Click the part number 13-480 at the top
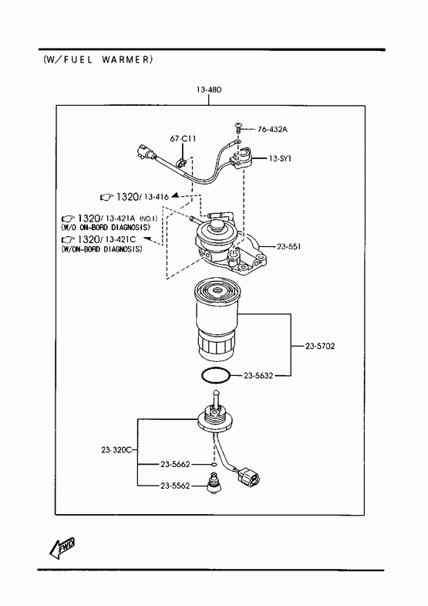tap(209, 90)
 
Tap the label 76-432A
tap(272, 130)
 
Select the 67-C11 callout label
tap(183, 138)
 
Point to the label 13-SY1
tap(280, 158)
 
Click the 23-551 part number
tap(288, 246)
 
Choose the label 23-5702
tap(320, 347)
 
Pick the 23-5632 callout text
tap(258, 375)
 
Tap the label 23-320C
tap(116, 450)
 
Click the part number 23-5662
tap(175, 464)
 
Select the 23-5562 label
tap(175, 486)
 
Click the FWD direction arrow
tap(62, 548)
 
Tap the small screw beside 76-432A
tap(238, 127)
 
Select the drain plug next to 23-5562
tap(214, 484)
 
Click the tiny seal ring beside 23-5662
tap(214, 464)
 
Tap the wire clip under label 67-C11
tap(180, 163)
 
